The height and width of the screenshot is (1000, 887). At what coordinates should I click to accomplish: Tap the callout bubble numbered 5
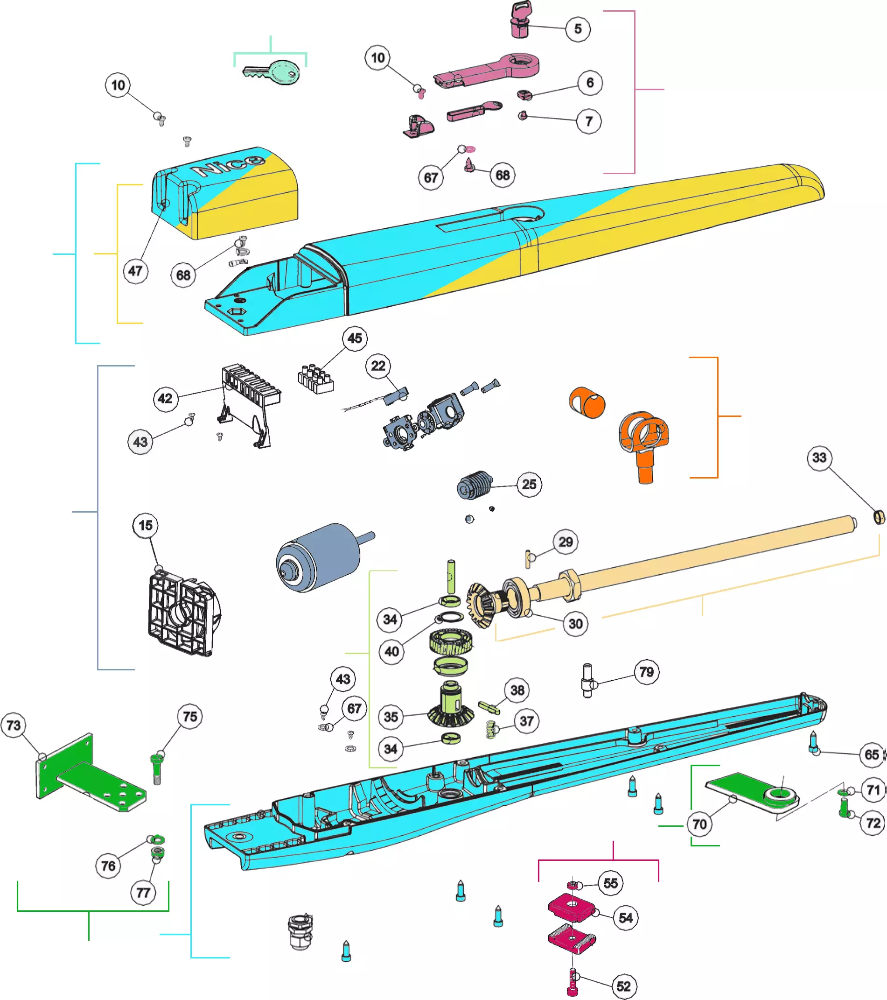(578, 29)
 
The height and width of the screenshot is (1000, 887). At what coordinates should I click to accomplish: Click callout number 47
(135, 271)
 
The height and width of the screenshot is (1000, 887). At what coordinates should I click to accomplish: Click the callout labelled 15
(145, 525)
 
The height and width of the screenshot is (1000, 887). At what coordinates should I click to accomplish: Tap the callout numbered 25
(529, 484)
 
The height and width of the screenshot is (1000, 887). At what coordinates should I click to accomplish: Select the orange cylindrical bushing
(587, 402)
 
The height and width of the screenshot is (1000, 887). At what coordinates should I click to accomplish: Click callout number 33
(819, 458)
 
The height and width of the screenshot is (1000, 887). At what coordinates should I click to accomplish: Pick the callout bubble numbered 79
(646, 672)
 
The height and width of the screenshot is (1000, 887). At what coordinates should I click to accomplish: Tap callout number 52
(623, 986)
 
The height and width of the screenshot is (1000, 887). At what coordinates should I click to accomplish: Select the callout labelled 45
(355, 338)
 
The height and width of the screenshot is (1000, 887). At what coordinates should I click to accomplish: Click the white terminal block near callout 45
(316, 379)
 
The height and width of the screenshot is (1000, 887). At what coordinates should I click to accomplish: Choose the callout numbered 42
(165, 398)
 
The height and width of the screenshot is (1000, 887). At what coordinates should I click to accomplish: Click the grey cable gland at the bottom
(300, 931)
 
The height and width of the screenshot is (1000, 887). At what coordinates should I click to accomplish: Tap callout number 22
(378, 366)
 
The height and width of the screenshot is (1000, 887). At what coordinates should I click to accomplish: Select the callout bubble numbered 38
(517, 690)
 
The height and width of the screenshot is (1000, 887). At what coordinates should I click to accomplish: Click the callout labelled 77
(143, 892)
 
